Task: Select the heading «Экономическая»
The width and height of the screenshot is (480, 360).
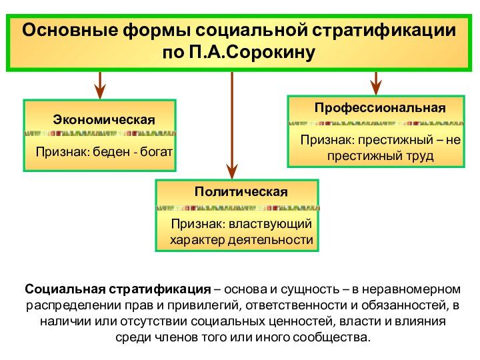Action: point(103,119)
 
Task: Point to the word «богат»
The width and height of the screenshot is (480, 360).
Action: point(157,152)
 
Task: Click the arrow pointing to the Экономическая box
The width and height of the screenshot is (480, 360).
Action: point(100,85)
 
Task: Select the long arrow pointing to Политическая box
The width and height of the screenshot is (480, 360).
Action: point(232,127)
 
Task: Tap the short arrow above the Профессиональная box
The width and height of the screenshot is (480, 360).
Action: point(376,83)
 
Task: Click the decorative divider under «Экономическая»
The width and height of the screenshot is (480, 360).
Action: point(100,133)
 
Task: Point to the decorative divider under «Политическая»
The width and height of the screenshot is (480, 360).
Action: point(237,208)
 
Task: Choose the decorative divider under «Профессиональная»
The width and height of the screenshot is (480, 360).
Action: point(375,123)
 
